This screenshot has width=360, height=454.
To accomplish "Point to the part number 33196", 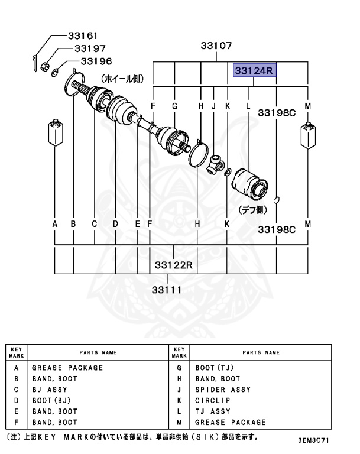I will click(96, 61).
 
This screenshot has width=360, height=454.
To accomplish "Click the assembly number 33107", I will click(216, 46).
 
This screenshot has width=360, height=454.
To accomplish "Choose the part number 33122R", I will click(174, 264).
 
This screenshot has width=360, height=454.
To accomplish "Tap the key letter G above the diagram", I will click(175, 106).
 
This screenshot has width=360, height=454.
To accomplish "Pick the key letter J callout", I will click(213, 106).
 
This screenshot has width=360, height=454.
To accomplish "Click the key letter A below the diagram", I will click(55, 224).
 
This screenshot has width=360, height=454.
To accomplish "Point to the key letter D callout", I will click(115, 224).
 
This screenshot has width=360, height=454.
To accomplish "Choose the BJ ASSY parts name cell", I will click(50, 390).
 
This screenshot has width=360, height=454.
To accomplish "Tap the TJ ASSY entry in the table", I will click(213, 411).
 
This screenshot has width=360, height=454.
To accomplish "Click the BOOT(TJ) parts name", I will click(215, 368).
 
